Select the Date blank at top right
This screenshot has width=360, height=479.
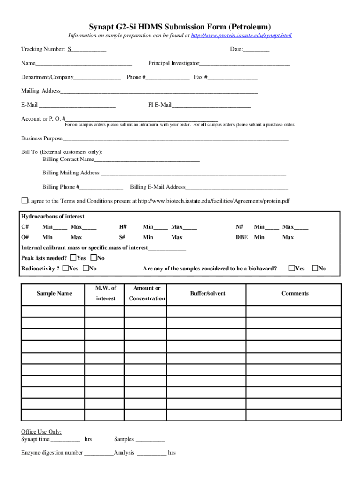[x=256, y=50]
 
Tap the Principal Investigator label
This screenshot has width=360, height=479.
[x=173, y=63]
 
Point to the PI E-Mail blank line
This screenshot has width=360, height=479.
[x=211, y=105]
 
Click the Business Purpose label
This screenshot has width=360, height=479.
[x=42, y=138]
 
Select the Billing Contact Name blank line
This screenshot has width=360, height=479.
[x=147, y=160]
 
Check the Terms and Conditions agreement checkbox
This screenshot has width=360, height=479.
[x=24, y=201]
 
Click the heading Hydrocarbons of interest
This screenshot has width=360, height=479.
[x=53, y=217]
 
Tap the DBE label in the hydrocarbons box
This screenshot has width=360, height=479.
[x=242, y=237]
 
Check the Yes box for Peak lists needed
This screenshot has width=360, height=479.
[x=73, y=258]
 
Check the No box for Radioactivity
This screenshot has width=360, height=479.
[x=86, y=268]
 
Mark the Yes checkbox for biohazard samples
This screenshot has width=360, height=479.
[x=292, y=268]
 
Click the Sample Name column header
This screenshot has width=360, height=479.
[x=54, y=293]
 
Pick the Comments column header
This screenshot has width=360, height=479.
[x=295, y=293]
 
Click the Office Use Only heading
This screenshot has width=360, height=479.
[x=41, y=432]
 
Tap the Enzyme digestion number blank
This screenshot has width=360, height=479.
[x=99, y=453]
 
